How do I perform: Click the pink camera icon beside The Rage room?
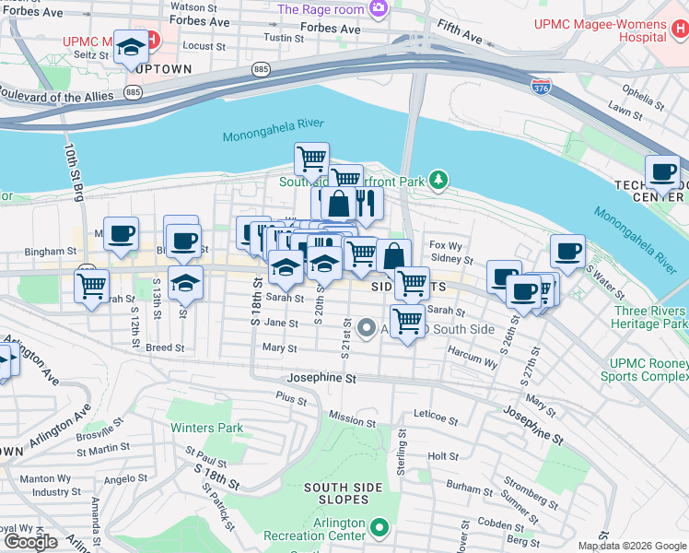pyautogui.click(x=378, y=9)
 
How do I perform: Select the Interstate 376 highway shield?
pyautogui.click(x=541, y=85)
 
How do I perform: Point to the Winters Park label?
pyautogui.click(x=206, y=428)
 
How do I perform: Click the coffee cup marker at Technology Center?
pyautogui.click(x=661, y=171)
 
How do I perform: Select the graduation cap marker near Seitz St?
pyautogui.click(x=132, y=46)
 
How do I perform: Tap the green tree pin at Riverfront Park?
pyautogui.click(x=440, y=180)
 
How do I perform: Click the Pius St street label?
pyautogui.click(x=290, y=395)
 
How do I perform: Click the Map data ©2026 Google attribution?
pyautogui.click(x=631, y=546)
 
